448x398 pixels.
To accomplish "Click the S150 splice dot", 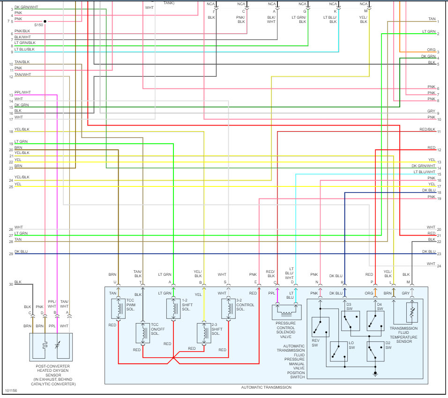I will [45, 22].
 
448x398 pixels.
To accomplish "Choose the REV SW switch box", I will [320, 327].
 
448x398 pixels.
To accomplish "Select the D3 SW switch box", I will [350, 321].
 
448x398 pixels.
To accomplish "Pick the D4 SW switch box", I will [375, 321].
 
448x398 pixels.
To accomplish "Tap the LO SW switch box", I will [337, 351].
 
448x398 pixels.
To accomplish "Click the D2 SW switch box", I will [375, 351].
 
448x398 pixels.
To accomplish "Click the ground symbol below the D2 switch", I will [375, 373].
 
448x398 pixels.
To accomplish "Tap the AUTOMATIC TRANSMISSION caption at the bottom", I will [266, 387].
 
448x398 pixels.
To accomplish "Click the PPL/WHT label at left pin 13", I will [22, 93].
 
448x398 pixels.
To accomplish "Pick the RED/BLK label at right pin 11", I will [427, 129].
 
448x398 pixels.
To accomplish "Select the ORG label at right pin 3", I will [431, 50].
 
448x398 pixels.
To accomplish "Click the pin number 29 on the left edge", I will [11, 254].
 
